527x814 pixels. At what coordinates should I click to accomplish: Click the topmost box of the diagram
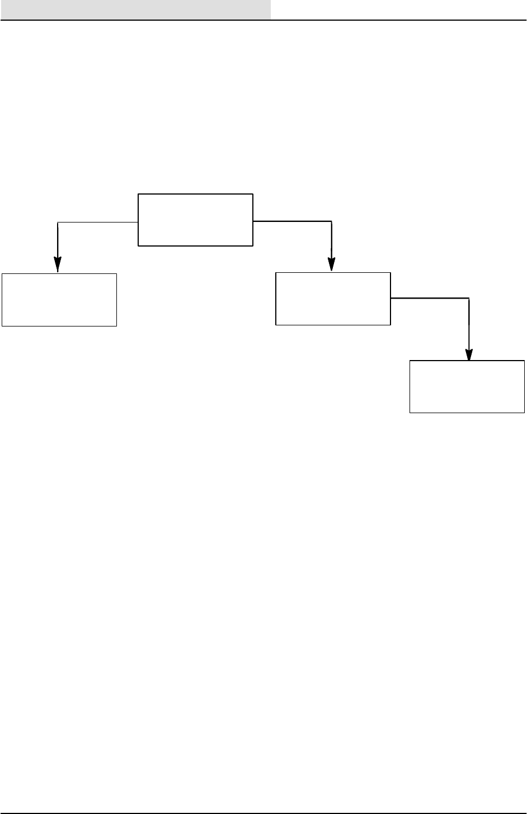click(x=195, y=220)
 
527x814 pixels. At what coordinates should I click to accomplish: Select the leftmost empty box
click(x=59, y=300)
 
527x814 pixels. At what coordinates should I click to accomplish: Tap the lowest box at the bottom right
click(x=467, y=387)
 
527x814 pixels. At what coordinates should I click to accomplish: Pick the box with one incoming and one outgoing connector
click(x=333, y=299)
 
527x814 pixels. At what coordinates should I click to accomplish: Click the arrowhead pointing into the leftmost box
click(x=58, y=265)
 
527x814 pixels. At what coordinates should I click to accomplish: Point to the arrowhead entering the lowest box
click(x=469, y=354)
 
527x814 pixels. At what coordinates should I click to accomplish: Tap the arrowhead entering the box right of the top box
click(x=332, y=264)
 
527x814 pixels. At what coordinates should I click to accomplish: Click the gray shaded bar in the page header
click(x=135, y=9)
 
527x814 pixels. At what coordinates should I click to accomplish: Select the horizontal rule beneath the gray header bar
click(x=263, y=20)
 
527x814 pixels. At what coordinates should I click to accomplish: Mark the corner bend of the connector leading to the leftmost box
click(x=58, y=223)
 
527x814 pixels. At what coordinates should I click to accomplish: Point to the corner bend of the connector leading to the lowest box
click(x=469, y=299)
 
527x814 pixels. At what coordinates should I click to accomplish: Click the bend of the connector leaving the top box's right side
click(x=332, y=222)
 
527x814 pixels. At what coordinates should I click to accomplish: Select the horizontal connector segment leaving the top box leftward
click(x=98, y=223)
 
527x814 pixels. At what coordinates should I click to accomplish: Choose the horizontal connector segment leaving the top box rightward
click(x=292, y=222)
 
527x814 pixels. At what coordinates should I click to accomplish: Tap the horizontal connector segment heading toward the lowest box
click(x=430, y=299)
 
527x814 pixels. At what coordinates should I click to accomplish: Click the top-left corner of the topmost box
click(x=138, y=195)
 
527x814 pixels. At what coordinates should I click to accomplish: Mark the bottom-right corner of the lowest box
click(x=524, y=413)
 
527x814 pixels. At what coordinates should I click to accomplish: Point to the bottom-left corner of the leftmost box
click(x=2, y=325)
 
